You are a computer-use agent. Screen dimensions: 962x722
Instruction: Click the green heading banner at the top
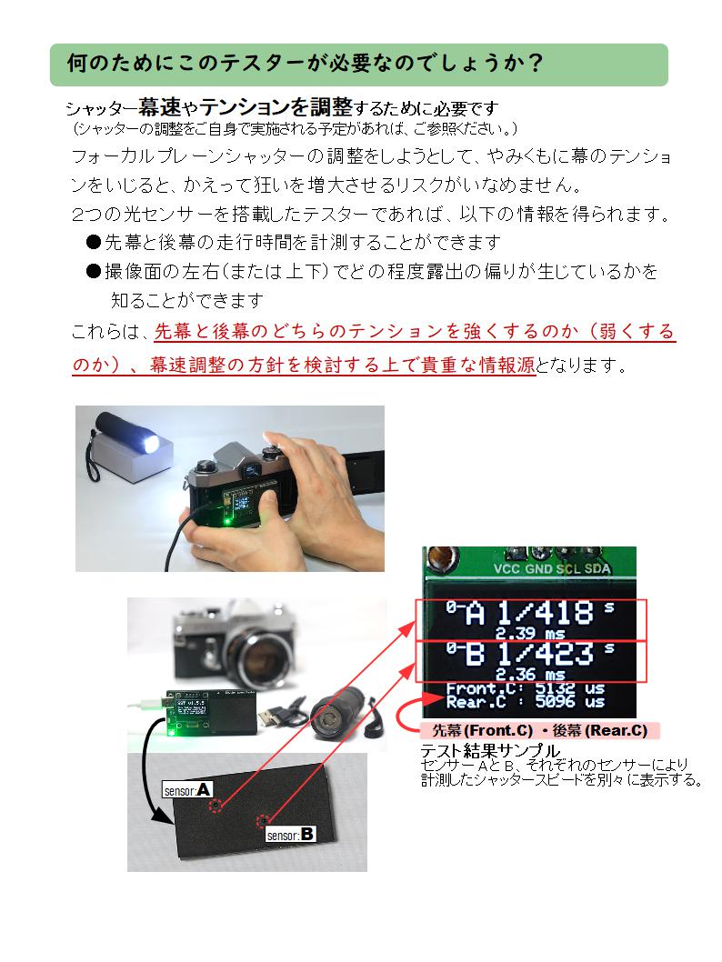(x=359, y=65)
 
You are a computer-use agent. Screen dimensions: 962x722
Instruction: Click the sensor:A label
(x=187, y=789)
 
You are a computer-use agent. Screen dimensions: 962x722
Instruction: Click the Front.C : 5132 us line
(x=525, y=689)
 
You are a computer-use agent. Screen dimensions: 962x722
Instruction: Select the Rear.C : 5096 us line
(x=525, y=702)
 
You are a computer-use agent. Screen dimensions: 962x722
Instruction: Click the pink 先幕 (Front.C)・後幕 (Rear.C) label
(x=539, y=730)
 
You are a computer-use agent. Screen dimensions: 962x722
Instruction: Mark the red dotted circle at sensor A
(x=216, y=806)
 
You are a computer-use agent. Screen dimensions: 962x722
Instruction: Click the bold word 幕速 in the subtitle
(x=156, y=107)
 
